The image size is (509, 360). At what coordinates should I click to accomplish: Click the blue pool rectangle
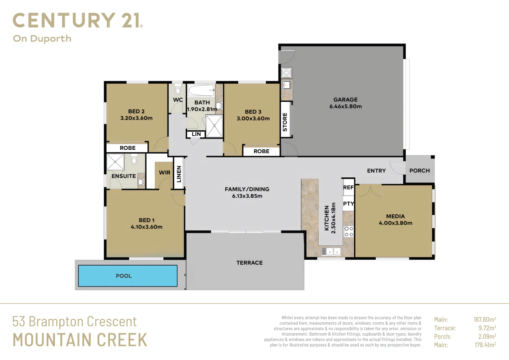(x=128, y=276)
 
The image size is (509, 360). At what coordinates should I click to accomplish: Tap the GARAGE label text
(x=345, y=100)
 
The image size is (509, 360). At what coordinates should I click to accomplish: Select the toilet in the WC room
(x=178, y=89)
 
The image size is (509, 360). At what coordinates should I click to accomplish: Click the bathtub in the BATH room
(x=201, y=90)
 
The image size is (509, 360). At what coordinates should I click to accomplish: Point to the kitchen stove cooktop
(x=349, y=231)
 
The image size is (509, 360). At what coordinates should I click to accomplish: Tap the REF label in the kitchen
(x=348, y=188)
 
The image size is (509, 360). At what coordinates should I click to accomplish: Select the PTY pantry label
(x=348, y=204)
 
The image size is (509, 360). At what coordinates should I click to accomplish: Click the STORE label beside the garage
(x=285, y=122)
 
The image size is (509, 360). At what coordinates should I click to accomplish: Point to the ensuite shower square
(x=115, y=162)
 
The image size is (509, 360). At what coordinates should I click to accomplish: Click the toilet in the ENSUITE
(x=134, y=159)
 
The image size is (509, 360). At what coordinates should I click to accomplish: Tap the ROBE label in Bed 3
(x=261, y=151)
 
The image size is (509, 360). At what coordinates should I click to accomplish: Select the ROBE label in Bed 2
(x=128, y=148)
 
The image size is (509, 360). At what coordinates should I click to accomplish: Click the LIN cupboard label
(x=196, y=134)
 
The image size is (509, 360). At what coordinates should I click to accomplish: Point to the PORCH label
(x=420, y=171)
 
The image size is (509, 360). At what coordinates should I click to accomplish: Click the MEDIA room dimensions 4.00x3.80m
(x=396, y=223)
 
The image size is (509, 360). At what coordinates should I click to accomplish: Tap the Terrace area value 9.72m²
(x=487, y=328)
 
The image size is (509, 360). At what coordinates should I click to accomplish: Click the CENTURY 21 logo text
(x=77, y=20)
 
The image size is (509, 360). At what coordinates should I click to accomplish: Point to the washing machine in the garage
(x=286, y=73)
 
